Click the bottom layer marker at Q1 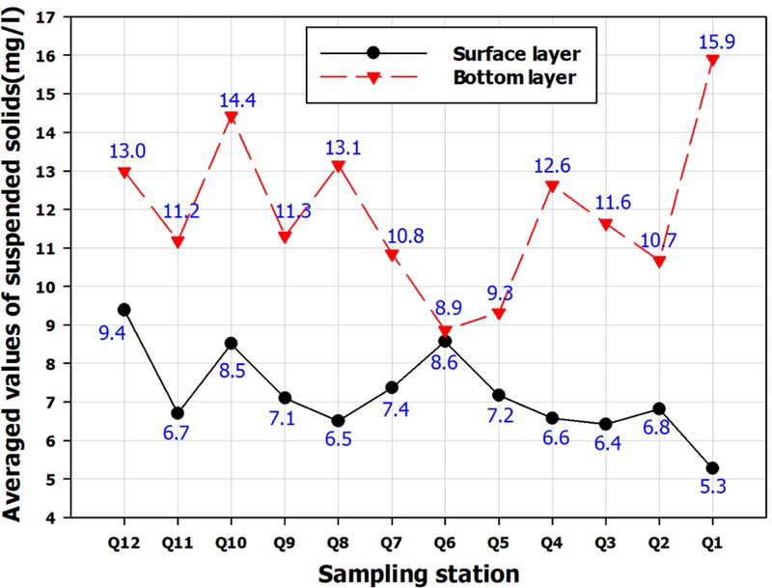711,60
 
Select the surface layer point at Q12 124,310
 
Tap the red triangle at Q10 231,118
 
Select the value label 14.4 231,98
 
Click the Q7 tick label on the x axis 391,543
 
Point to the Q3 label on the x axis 605,543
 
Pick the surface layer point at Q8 338,421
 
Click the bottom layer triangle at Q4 552,186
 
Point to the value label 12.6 552,166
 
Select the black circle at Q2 658,409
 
